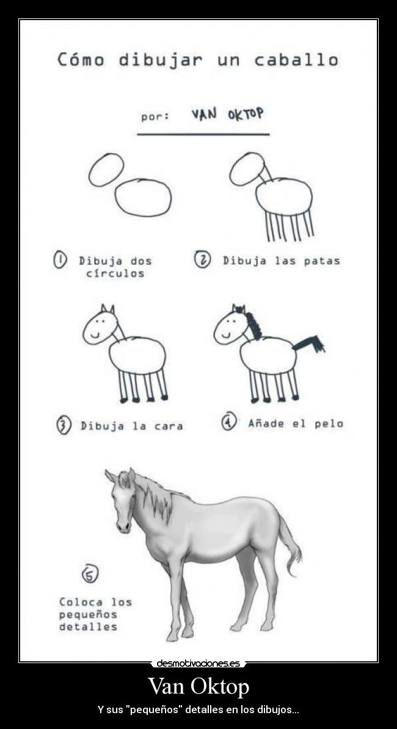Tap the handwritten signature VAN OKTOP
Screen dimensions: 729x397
(228, 115)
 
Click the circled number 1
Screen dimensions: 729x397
(60, 260)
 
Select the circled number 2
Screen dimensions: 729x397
(202, 260)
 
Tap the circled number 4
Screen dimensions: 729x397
(229, 422)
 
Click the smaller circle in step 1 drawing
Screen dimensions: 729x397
(106, 170)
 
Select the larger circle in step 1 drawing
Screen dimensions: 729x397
(143, 198)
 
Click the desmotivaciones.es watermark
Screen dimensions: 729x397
(198, 663)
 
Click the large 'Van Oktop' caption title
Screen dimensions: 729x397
(198, 686)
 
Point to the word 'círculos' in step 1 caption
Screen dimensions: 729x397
(115, 273)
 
